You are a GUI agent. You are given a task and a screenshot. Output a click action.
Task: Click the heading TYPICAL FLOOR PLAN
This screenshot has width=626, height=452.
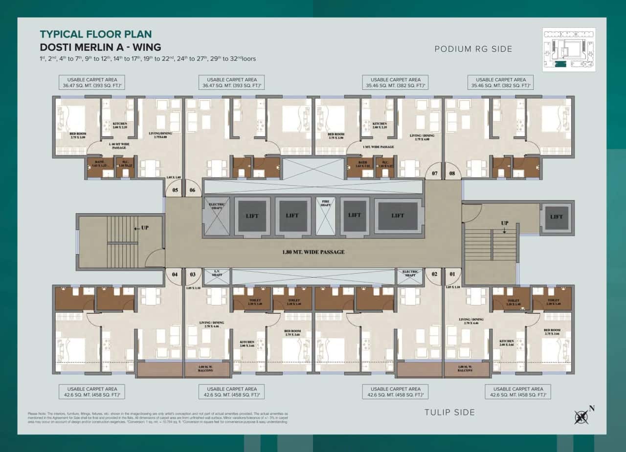(95, 34)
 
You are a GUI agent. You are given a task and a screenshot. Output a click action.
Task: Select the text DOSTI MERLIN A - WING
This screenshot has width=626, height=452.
(100, 47)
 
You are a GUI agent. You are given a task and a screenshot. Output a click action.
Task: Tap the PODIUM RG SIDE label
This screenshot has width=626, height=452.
(473, 49)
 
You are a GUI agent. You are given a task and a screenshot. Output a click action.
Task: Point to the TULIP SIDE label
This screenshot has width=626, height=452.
(449, 412)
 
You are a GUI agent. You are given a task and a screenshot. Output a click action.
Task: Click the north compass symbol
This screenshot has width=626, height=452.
(582, 416)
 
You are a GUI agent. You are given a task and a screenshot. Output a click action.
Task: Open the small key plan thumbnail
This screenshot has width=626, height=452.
(569, 49)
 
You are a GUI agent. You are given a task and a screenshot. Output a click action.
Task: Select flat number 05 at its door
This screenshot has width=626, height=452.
(174, 191)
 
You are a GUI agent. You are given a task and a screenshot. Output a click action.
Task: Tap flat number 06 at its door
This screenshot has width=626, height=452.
(192, 191)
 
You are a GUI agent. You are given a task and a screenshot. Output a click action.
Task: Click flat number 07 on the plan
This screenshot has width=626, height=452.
(434, 173)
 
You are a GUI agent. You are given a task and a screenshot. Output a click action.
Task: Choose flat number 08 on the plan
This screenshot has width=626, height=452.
(452, 173)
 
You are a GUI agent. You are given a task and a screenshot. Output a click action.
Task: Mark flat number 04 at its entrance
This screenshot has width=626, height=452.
(174, 274)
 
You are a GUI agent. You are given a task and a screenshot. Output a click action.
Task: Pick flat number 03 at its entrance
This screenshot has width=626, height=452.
(192, 274)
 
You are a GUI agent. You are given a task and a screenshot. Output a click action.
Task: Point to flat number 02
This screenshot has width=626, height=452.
(434, 274)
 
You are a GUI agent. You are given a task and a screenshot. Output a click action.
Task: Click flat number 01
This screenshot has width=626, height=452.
(452, 274)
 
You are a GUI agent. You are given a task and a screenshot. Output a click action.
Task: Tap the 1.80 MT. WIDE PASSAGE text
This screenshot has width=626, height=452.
(313, 252)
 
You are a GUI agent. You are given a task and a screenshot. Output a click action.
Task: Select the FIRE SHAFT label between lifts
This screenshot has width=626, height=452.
(323, 203)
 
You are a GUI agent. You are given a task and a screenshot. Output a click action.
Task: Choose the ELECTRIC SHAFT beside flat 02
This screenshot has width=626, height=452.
(409, 274)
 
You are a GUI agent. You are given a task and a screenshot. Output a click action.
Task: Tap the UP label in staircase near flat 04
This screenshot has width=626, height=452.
(145, 228)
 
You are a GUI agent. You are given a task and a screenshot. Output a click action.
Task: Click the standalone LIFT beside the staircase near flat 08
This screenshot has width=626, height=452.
(556, 217)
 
